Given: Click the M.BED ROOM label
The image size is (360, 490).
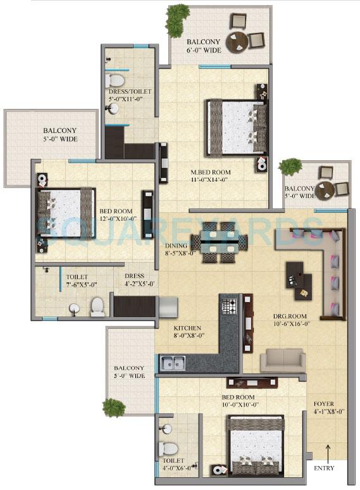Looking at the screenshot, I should (x=212, y=172).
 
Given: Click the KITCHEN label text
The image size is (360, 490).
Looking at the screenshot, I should (x=187, y=328).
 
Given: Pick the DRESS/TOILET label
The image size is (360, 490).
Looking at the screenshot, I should (x=130, y=92).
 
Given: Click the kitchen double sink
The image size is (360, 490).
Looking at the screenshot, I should (x=172, y=363).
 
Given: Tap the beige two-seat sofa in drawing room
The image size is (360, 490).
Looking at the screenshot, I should (x=282, y=360).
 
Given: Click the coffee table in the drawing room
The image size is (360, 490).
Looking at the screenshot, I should (x=298, y=279).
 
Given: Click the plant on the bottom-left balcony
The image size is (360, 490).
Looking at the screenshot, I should (x=114, y=407).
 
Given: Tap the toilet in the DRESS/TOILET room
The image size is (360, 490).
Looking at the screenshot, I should (x=116, y=80).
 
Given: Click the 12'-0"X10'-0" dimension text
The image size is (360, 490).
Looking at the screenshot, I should (x=116, y=219).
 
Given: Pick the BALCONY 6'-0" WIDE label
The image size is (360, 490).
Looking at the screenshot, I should (x=204, y=44).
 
